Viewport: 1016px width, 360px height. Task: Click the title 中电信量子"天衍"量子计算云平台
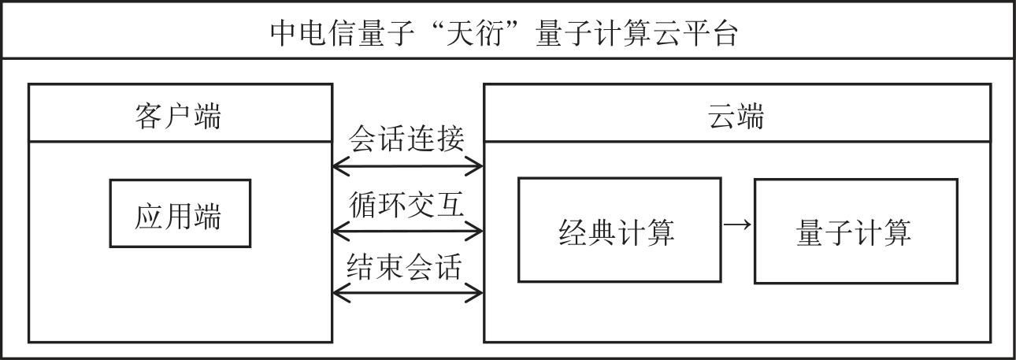[x=504, y=33]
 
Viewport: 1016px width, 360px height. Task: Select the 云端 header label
[x=736, y=117]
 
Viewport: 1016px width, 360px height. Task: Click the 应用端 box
[x=180, y=214]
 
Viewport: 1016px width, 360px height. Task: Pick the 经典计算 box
[x=618, y=230]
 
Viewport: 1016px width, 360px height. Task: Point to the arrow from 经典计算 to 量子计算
[x=737, y=225]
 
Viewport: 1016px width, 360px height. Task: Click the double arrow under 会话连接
[x=408, y=166]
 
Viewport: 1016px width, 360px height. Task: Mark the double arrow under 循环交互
[x=408, y=231]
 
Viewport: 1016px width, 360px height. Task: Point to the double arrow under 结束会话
[x=408, y=293]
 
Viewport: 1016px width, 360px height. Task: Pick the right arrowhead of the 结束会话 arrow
[x=475, y=293]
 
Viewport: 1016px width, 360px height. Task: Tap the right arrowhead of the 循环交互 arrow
[x=475, y=231]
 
